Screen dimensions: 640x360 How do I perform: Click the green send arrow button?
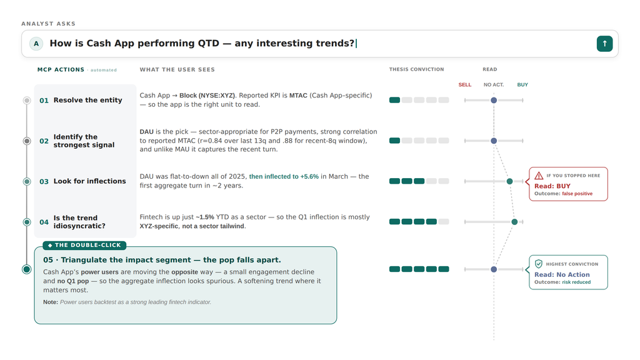[604, 44]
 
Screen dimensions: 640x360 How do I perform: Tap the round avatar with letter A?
[36, 44]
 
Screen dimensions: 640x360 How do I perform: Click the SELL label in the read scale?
[465, 85]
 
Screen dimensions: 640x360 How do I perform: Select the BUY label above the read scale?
[522, 85]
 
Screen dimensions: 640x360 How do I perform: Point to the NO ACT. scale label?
[494, 85]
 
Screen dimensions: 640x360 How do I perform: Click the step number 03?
[44, 182]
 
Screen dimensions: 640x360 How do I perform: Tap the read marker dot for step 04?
[515, 222]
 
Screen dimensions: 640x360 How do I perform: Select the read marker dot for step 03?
[509, 181]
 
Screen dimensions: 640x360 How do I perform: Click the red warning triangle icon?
[539, 176]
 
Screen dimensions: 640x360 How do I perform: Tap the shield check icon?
[539, 264]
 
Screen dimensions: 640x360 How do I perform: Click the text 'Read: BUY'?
[552, 186]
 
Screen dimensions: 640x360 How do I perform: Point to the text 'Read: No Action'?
[562, 275]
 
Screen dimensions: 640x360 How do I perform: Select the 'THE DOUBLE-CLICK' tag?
[84, 245]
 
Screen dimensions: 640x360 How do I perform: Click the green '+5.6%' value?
[309, 177]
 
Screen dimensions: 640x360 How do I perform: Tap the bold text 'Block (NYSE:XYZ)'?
[207, 96]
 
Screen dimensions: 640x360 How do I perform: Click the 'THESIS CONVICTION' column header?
[416, 69]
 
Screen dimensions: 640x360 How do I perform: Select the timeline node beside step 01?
[27, 101]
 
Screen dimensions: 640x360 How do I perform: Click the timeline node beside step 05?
[27, 269]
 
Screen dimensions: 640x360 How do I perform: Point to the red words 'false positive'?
[577, 194]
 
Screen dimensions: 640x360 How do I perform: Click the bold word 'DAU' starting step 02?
[146, 132]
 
